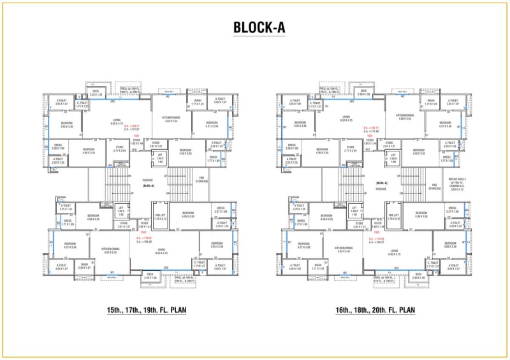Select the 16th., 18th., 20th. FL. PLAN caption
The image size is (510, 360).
click(x=375, y=310)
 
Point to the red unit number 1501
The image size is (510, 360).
click(x=136, y=136)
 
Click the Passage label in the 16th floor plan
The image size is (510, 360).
click(x=381, y=189)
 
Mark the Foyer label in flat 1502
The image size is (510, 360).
click(x=145, y=224)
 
